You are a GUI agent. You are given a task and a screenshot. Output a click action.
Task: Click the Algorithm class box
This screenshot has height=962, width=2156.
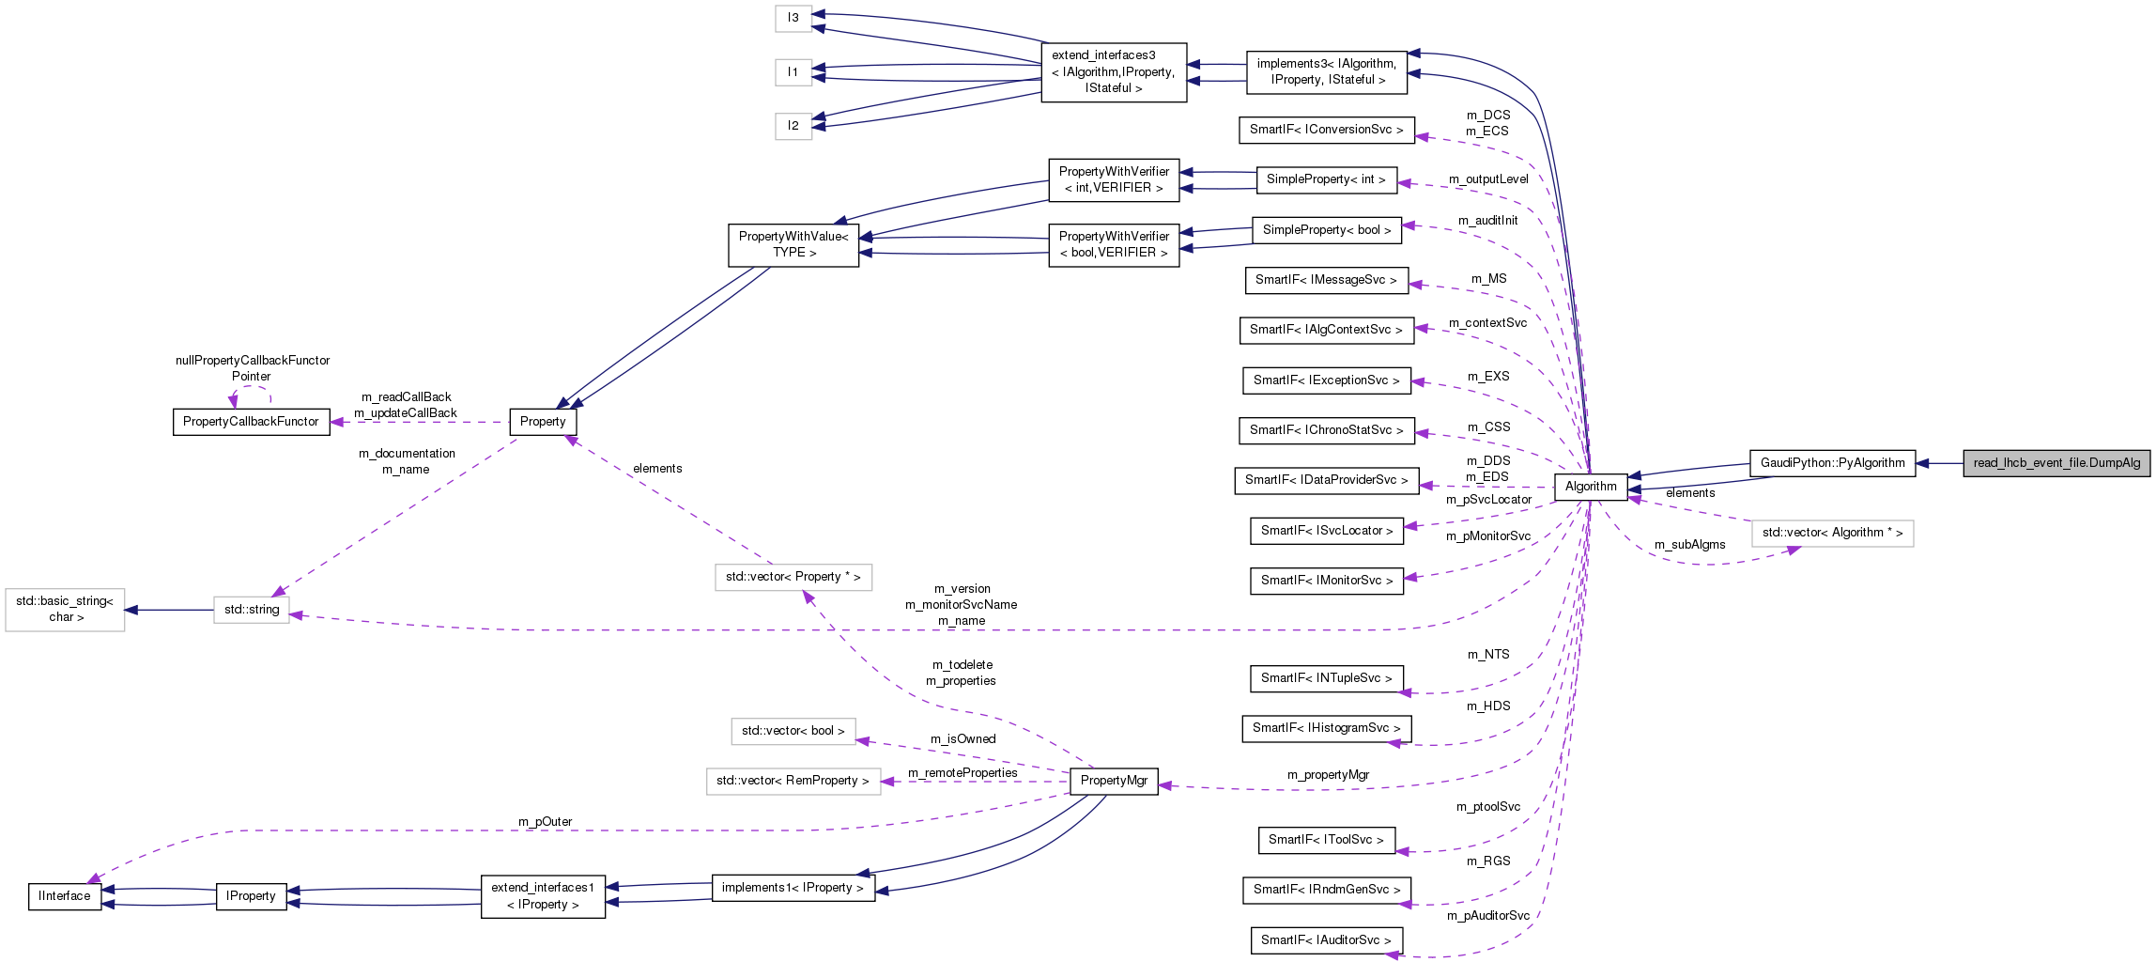pos(1591,487)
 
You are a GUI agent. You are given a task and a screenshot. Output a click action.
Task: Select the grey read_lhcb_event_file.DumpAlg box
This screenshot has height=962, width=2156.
pos(2056,463)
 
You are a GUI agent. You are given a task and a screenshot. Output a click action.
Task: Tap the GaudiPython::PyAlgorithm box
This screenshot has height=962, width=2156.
pos(1832,463)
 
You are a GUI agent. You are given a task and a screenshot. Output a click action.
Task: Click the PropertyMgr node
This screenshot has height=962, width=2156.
pos(1114,781)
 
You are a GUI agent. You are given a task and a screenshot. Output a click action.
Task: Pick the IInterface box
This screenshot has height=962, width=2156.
pos(65,896)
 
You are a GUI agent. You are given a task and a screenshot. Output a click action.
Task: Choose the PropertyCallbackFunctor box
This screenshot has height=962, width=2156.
pos(251,422)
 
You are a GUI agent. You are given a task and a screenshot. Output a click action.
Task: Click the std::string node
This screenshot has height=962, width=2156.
pos(252,610)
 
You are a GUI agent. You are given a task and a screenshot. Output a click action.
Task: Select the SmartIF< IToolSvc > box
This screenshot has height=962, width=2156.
pos(1326,840)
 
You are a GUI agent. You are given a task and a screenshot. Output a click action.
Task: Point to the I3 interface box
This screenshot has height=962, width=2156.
pos(793,18)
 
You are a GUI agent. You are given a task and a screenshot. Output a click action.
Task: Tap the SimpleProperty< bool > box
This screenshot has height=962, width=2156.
pos(1327,230)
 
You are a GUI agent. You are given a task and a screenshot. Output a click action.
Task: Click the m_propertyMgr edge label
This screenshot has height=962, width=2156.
pos(1328,775)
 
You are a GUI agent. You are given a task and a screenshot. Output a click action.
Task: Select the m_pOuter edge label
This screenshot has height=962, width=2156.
pos(545,822)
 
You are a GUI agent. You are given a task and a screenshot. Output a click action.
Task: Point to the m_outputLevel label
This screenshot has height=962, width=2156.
pos(1487,179)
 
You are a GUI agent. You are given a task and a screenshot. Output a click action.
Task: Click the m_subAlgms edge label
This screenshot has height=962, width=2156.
pos(1689,545)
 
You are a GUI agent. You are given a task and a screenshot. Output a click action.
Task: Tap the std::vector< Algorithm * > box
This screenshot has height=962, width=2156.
pos(1832,533)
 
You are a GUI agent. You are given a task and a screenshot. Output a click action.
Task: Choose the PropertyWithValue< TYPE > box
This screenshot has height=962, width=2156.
pos(793,244)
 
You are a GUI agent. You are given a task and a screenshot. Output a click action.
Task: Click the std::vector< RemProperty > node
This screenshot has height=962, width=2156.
pos(793,781)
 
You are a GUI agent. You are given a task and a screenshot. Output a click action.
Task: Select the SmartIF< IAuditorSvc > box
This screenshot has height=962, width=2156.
pos(1326,940)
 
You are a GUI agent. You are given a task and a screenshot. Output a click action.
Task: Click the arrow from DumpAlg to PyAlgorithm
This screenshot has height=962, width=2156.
pos(1939,463)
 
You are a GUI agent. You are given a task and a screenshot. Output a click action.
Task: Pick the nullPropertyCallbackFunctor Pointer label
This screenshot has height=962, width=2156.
pos(253,368)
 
